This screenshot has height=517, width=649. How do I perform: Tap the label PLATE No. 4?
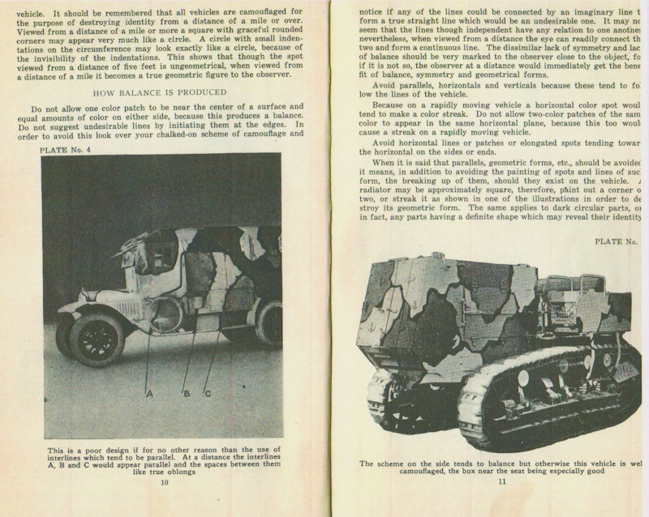67,150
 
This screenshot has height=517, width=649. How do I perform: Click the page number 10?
164,484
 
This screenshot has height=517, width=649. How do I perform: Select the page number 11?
502,484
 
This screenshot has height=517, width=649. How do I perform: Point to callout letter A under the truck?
149,393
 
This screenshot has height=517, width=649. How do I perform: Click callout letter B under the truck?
185,393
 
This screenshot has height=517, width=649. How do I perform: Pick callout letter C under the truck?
208,393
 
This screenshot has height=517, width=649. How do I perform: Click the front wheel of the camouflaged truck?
97,338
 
